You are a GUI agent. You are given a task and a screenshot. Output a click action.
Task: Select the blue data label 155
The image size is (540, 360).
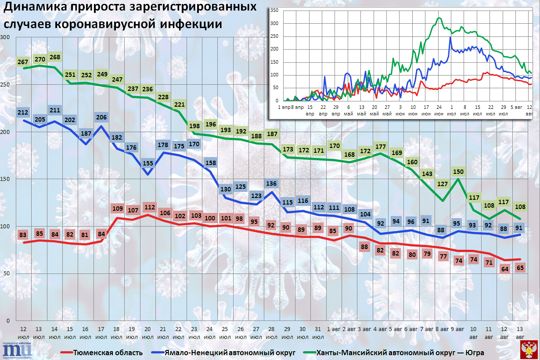148,164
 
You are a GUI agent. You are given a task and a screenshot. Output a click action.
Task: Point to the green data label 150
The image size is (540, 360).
458,172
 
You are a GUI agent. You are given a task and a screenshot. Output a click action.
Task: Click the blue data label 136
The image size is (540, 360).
272,184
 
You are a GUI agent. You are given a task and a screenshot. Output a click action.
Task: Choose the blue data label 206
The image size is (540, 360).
101,117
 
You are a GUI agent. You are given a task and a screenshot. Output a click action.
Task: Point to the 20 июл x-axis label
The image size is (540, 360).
148,333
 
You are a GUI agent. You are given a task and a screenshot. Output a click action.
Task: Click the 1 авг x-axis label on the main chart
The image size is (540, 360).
334,329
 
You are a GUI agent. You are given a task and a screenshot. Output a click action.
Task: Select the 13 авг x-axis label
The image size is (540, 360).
520,333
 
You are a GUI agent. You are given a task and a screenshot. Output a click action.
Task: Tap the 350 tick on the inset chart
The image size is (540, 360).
274,11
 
